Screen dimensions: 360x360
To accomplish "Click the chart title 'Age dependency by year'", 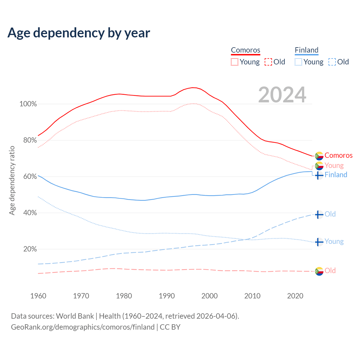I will tap(79, 33).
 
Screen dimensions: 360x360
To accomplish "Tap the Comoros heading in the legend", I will tap(246, 50).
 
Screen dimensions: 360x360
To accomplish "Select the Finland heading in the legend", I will tap(307, 50).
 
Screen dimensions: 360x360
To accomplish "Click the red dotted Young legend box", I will tap(235, 62).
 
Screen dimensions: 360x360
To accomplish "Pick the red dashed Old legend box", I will tap(268, 62).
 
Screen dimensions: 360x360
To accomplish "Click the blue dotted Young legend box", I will tap(298, 62).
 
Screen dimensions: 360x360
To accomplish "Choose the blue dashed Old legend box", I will tap(332, 62).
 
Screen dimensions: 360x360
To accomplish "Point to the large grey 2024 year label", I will tap(282, 95).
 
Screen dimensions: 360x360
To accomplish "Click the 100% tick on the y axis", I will tap(28, 104).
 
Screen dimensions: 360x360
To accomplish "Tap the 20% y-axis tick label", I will tap(30, 249).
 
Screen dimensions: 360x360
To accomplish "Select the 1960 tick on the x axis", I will tap(38, 296).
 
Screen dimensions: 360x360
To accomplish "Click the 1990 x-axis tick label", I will tap(167, 296).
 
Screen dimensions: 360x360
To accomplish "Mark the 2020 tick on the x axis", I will tap(295, 296).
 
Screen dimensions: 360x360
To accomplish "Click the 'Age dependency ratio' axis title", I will tap(12, 180).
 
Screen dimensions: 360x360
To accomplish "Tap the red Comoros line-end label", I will tap(338, 156).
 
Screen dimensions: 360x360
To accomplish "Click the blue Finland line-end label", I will tap(336, 175).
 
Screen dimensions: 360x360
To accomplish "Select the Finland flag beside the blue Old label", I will tap(319, 215).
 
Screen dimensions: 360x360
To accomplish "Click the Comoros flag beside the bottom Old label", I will tap(319, 271).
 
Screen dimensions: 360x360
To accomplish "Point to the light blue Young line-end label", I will tap(334, 242).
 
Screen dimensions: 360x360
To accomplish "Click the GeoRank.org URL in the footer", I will tap(83, 327).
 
